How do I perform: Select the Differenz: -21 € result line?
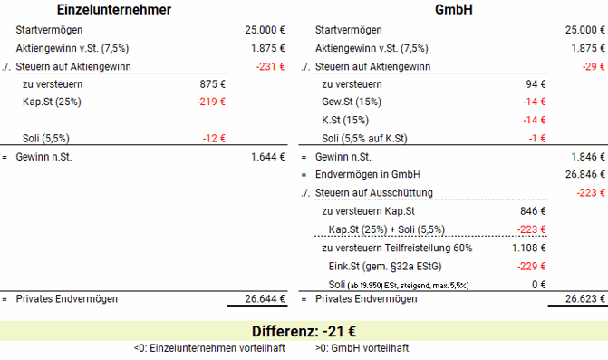point(304,330)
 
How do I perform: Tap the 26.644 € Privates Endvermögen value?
point(265,298)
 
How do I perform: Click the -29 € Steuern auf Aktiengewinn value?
point(594,66)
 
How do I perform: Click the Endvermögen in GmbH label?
point(367,174)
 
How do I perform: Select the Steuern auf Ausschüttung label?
point(373,192)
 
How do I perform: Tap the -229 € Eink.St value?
point(529,265)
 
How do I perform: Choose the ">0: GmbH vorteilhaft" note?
point(362,348)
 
